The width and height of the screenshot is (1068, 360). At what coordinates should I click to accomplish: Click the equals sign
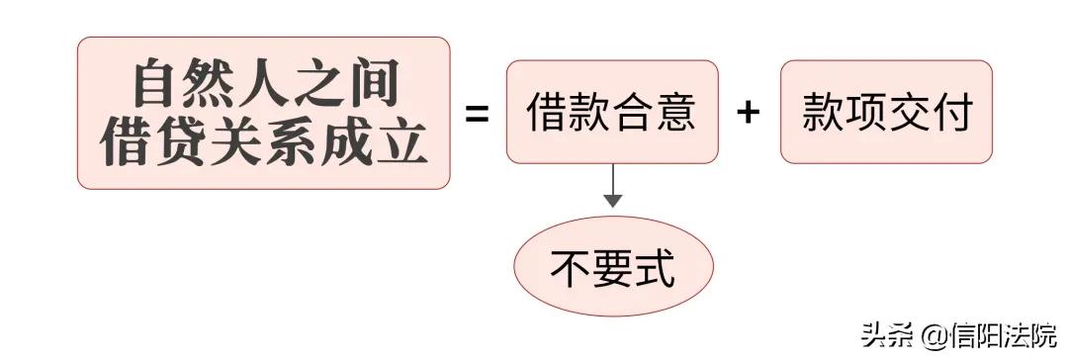478,113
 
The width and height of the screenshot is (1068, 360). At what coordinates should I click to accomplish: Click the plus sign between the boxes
749,113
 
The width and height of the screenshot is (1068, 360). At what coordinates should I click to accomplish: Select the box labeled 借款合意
612,112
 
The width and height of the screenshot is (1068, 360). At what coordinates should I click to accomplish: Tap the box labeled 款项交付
886,112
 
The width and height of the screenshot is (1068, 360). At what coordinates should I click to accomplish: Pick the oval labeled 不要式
612,267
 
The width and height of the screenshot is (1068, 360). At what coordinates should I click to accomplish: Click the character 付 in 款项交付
949,113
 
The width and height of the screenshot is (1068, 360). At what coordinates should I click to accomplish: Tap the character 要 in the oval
613,268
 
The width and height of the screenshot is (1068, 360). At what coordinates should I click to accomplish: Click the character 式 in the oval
655,268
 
